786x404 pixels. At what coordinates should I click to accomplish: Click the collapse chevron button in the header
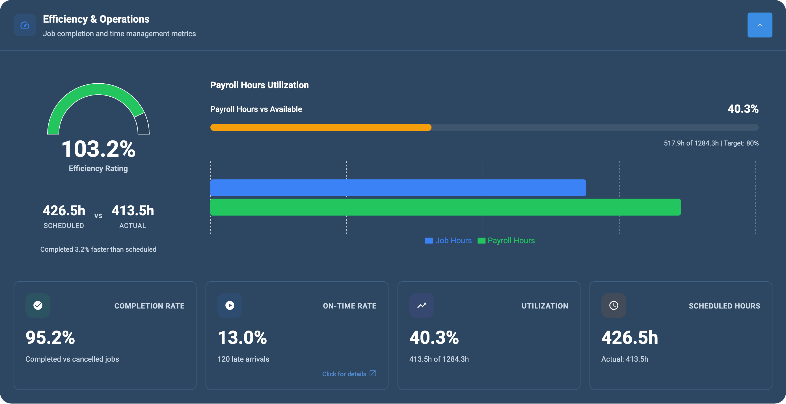pos(759,25)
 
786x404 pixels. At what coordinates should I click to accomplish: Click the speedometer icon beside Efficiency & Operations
pos(25,25)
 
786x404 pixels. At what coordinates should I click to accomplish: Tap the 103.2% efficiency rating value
pos(98,149)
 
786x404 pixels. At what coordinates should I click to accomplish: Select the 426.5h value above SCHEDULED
pos(64,211)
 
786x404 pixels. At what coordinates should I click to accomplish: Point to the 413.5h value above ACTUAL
pos(132,211)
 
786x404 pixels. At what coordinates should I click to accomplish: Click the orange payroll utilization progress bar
pos(320,127)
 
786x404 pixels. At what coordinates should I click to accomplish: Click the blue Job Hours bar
pos(398,188)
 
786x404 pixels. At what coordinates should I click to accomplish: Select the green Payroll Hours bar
pos(445,207)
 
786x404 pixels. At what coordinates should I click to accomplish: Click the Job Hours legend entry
pos(448,241)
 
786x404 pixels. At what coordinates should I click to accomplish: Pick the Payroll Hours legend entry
pos(506,241)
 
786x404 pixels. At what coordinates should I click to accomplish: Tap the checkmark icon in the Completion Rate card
pos(38,305)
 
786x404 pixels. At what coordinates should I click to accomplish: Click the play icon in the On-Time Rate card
pos(230,305)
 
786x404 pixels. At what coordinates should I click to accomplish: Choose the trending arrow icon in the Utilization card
pos(422,305)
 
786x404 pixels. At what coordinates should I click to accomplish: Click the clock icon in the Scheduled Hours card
pos(614,305)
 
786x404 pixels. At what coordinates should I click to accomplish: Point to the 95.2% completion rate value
pos(50,338)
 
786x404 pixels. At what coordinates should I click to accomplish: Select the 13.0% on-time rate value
pos(242,338)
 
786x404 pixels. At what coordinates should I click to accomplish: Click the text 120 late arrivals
pos(243,359)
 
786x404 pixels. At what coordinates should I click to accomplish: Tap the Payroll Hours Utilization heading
pos(259,85)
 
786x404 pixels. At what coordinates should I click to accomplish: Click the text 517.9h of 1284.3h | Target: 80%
pos(711,143)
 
